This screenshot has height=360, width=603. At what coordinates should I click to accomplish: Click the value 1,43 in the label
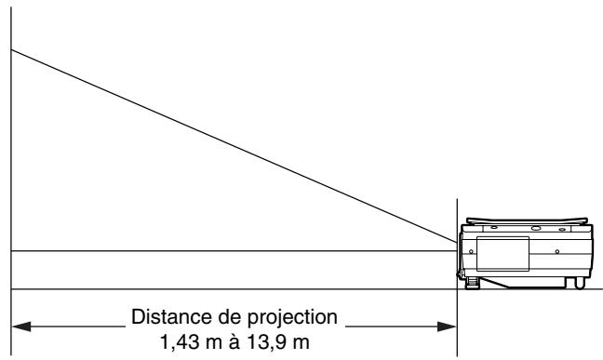click(x=178, y=342)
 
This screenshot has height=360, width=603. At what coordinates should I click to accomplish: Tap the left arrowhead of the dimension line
click(x=20, y=327)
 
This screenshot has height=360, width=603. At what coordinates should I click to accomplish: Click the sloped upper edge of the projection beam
click(x=233, y=144)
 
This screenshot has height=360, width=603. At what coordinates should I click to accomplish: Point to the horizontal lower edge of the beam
click(x=233, y=251)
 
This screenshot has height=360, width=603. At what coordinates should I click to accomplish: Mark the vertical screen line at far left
click(x=11, y=167)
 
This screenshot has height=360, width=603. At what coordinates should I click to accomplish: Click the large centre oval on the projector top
click(x=535, y=227)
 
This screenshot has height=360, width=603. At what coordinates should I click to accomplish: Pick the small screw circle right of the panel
click(x=556, y=251)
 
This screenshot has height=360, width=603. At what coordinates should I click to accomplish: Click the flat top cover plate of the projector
click(x=526, y=219)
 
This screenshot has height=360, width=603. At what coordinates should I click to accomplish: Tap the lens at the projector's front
click(x=462, y=246)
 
